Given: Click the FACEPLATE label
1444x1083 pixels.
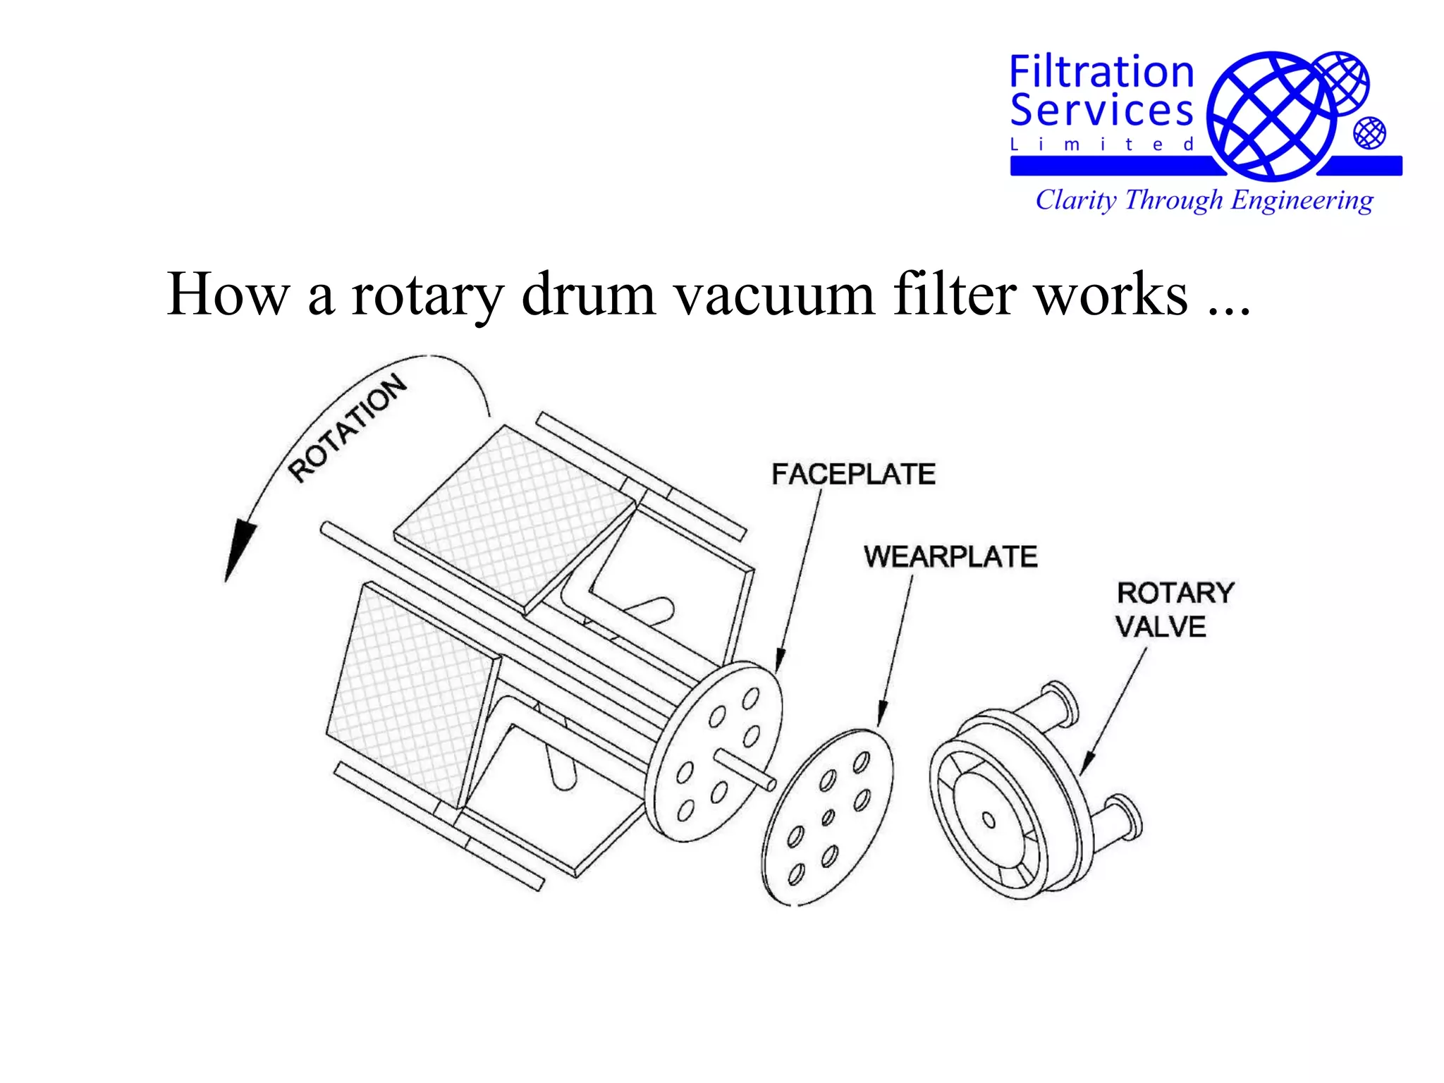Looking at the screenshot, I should pyautogui.click(x=853, y=474).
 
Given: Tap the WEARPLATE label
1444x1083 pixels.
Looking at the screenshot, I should pyautogui.click(x=950, y=556).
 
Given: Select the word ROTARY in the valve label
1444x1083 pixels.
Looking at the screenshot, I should pyautogui.click(x=1175, y=593).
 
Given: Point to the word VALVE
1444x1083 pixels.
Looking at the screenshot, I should pyautogui.click(x=1161, y=627).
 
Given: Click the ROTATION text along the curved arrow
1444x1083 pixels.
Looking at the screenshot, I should pyautogui.click(x=348, y=429).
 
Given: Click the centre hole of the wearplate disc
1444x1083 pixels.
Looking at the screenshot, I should pyautogui.click(x=828, y=817).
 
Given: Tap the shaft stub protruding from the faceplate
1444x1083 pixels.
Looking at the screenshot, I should pyautogui.click(x=747, y=769).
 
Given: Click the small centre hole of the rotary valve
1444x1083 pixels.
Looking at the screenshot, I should pyautogui.click(x=989, y=820).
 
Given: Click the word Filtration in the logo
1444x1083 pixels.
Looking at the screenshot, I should pyautogui.click(x=1101, y=73).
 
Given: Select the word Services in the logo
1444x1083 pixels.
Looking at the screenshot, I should pyautogui.click(x=1101, y=110).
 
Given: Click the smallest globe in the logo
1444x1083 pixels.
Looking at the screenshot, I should pyautogui.click(x=1369, y=133).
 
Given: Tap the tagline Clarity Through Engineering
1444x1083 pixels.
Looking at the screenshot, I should pyautogui.click(x=1204, y=200).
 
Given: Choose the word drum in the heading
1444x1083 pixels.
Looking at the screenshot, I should pyautogui.click(x=589, y=295).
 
